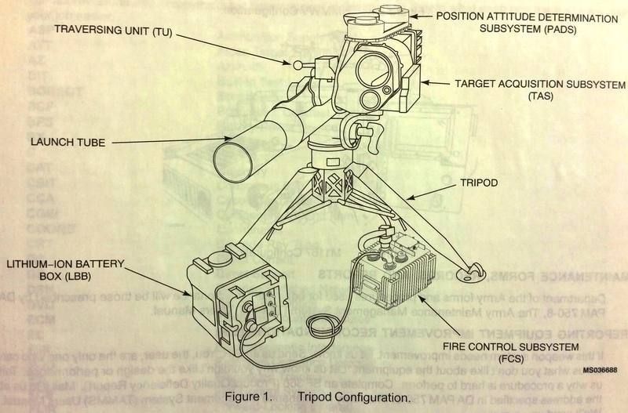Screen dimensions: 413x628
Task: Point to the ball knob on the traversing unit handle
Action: (298, 65)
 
